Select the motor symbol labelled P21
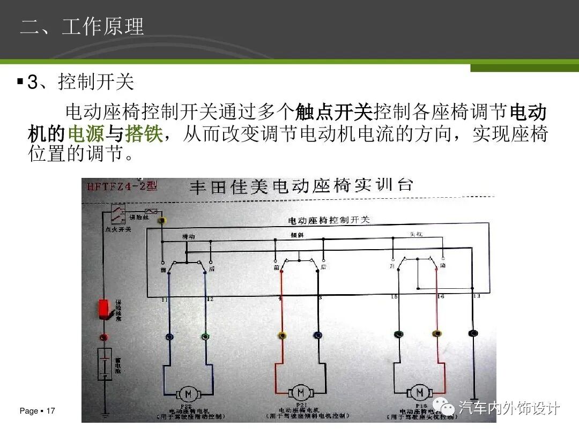coord(300,392)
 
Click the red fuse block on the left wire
coord(104,309)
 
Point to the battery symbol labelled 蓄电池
coord(104,364)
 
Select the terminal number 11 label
coord(165,299)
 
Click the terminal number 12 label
coord(210,299)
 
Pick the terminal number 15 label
coord(394,296)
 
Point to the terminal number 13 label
coord(476,296)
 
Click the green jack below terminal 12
coord(205,336)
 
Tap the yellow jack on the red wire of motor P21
coord(282,336)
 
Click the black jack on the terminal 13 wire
coord(473,333)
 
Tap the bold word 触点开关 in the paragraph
coord(333,113)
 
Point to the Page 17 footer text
coord(37,411)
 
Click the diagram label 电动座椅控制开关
coord(329,220)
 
